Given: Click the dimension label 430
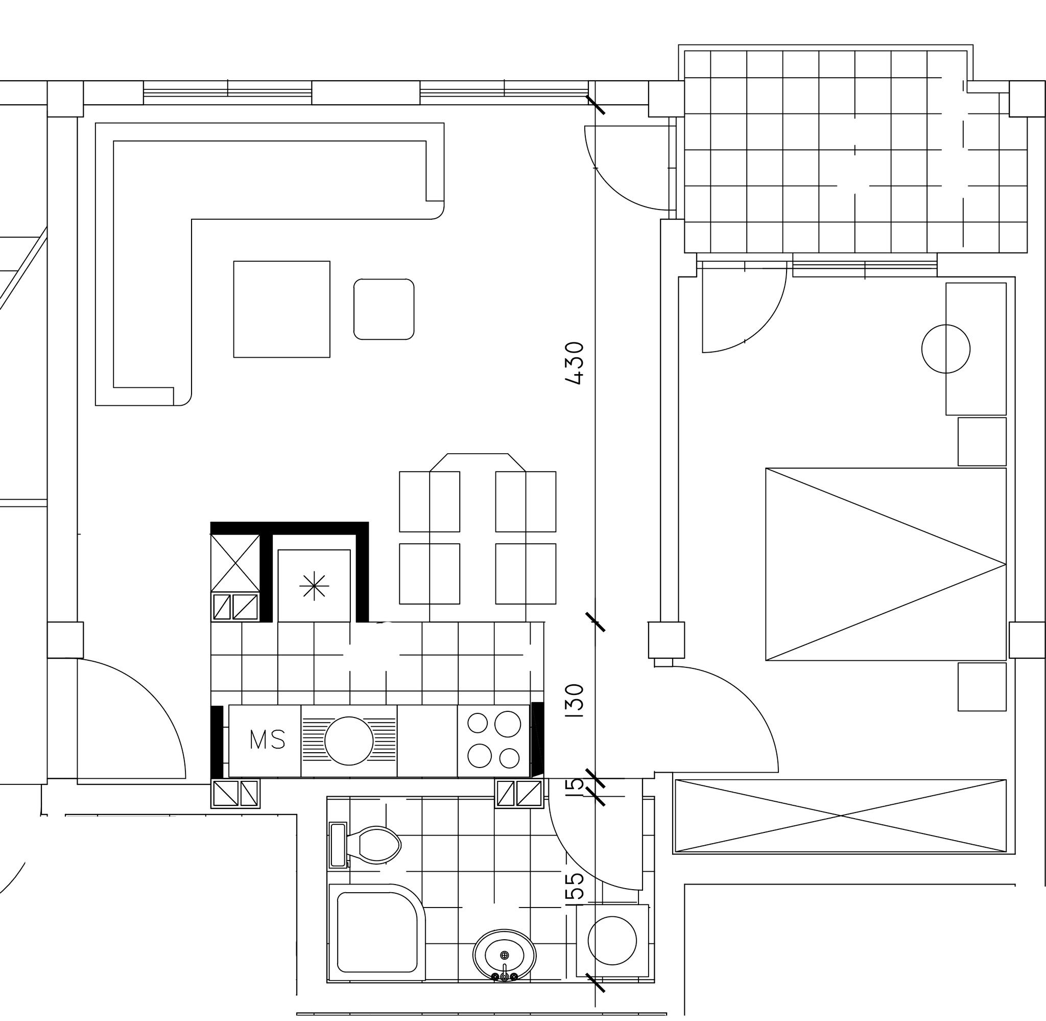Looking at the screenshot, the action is click(574, 363).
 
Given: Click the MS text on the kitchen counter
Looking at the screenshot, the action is click(268, 740).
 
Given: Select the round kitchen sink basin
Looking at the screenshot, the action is click(349, 740).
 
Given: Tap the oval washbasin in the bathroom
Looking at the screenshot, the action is click(504, 955).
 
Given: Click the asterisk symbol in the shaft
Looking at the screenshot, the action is click(314, 586).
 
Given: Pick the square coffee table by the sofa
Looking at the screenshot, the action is click(282, 309).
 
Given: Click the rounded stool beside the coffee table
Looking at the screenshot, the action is click(384, 309).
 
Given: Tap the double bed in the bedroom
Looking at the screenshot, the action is click(886, 564).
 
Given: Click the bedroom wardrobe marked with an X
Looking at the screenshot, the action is click(840, 816).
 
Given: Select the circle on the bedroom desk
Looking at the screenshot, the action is click(946, 349).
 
